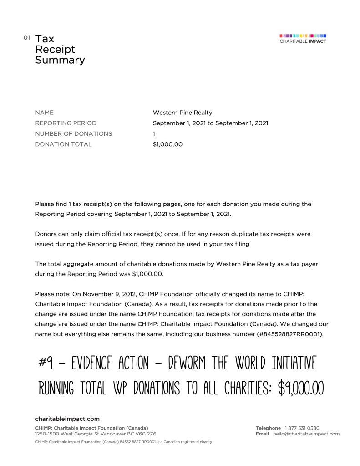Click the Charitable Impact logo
303,39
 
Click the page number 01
27,37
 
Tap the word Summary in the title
60,60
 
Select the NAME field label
44,113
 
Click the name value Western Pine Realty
183,113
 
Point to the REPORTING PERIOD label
66,123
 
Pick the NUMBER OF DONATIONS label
73,134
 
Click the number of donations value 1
154,134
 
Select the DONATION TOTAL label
63,144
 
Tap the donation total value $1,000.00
167,144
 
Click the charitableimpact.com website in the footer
67,419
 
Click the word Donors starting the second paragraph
46,234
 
